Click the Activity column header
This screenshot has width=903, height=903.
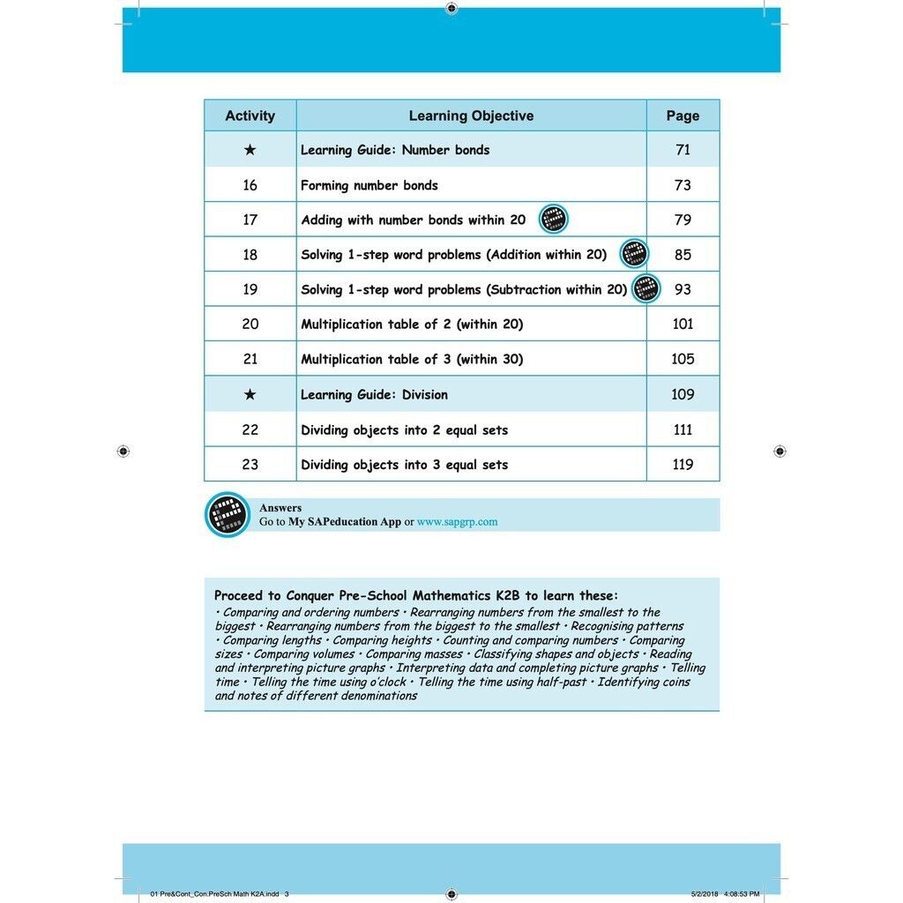click(250, 116)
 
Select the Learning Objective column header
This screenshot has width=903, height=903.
click(471, 116)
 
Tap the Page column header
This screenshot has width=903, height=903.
click(683, 116)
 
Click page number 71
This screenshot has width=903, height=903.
click(683, 150)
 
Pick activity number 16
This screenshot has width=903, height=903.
click(250, 185)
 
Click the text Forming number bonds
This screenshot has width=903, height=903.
click(369, 185)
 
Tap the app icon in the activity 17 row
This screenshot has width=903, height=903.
click(553, 219)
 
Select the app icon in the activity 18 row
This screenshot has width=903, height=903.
click(634, 254)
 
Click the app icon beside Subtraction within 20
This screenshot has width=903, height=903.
click(646, 288)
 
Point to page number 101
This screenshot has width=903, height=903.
click(683, 324)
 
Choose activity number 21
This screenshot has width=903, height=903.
click(250, 359)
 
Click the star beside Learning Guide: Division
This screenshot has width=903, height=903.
click(250, 394)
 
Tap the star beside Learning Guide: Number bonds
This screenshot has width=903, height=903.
click(250, 150)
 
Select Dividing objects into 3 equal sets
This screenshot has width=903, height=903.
click(404, 465)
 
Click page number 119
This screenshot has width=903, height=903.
click(683, 465)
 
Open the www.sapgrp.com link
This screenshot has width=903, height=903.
click(457, 522)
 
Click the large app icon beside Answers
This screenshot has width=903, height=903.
click(228, 515)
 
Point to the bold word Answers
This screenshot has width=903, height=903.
click(280, 508)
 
